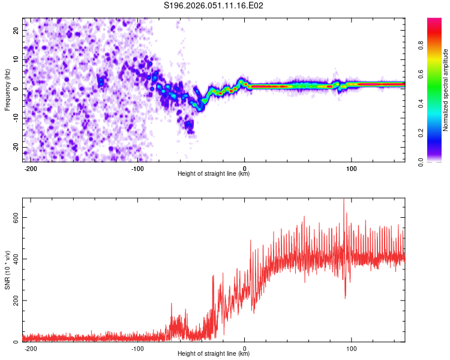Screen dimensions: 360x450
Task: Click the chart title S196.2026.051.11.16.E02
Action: point(214,6)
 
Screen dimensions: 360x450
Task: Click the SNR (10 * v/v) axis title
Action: point(7,270)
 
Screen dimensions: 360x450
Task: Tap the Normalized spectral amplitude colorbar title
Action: point(446,90)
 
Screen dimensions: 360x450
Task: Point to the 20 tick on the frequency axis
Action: point(17,30)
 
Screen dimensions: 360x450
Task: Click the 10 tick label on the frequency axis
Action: point(17,59)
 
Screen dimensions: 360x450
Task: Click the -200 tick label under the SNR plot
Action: point(31,348)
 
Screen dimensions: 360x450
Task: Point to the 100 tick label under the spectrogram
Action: point(352,168)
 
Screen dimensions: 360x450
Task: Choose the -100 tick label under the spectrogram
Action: point(137,168)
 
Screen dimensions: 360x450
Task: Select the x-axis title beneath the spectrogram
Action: point(214,174)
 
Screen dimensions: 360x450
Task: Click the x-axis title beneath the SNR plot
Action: point(214,354)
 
